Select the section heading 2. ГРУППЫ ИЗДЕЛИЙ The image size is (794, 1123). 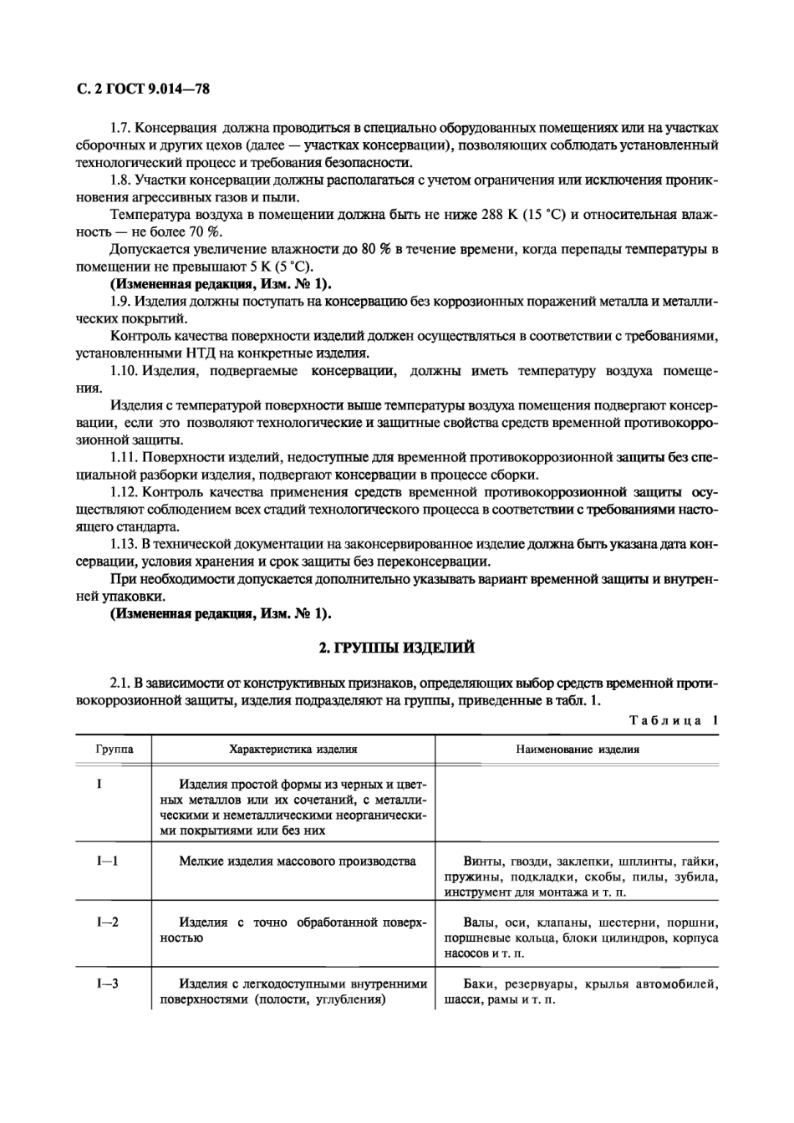[x=397, y=647]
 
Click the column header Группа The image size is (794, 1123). [x=114, y=749]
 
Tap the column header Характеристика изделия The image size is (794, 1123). [x=293, y=749]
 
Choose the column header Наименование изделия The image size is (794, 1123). [x=577, y=749]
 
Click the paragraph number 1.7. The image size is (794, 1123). [x=121, y=129]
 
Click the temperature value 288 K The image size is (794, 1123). [x=499, y=215]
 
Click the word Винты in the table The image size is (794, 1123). [x=482, y=861]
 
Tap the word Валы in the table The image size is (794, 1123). [x=480, y=922]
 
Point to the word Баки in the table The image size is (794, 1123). [x=479, y=983]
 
